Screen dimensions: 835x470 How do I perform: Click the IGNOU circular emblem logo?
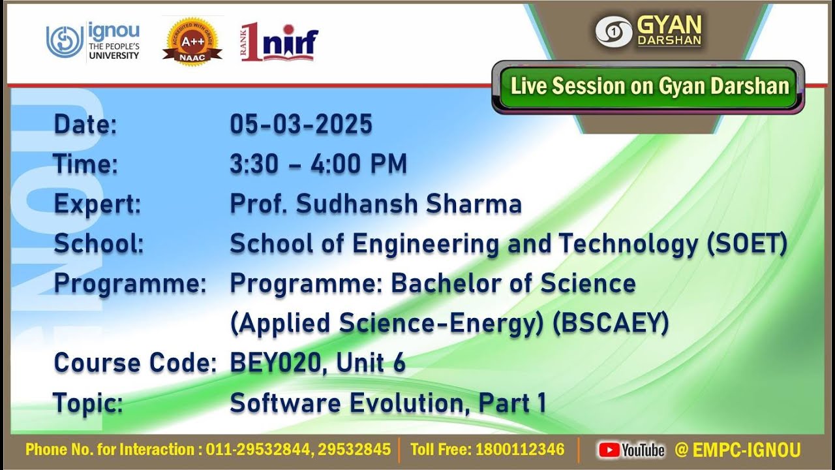(x=65, y=41)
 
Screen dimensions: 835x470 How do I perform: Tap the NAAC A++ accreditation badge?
(x=192, y=41)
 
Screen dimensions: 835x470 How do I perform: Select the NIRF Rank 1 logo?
(x=279, y=41)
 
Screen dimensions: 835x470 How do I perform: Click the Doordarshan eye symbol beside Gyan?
(x=614, y=32)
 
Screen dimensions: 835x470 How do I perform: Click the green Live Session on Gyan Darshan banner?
(x=648, y=87)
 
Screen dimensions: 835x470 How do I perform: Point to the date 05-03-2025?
(x=301, y=124)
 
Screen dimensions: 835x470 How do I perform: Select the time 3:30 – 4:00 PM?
(x=318, y=164)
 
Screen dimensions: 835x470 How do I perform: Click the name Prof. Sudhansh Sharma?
(x=376, y=204)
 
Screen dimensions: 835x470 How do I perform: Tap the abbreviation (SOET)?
(x=747, y=243)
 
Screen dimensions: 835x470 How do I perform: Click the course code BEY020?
(x=275, y=363)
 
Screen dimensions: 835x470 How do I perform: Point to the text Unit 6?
(x=371, y=363)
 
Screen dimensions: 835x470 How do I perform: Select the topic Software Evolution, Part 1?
(x=388, y=403)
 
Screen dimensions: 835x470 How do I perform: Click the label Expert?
(x=98, y=204)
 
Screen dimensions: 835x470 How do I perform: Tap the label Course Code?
(x=135, y=363)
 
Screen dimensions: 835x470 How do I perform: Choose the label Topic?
(x=88, y=403)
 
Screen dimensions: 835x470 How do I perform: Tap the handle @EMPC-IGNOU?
(x=737, y=450)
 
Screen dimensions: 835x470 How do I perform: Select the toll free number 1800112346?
(x=520, y=450)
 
